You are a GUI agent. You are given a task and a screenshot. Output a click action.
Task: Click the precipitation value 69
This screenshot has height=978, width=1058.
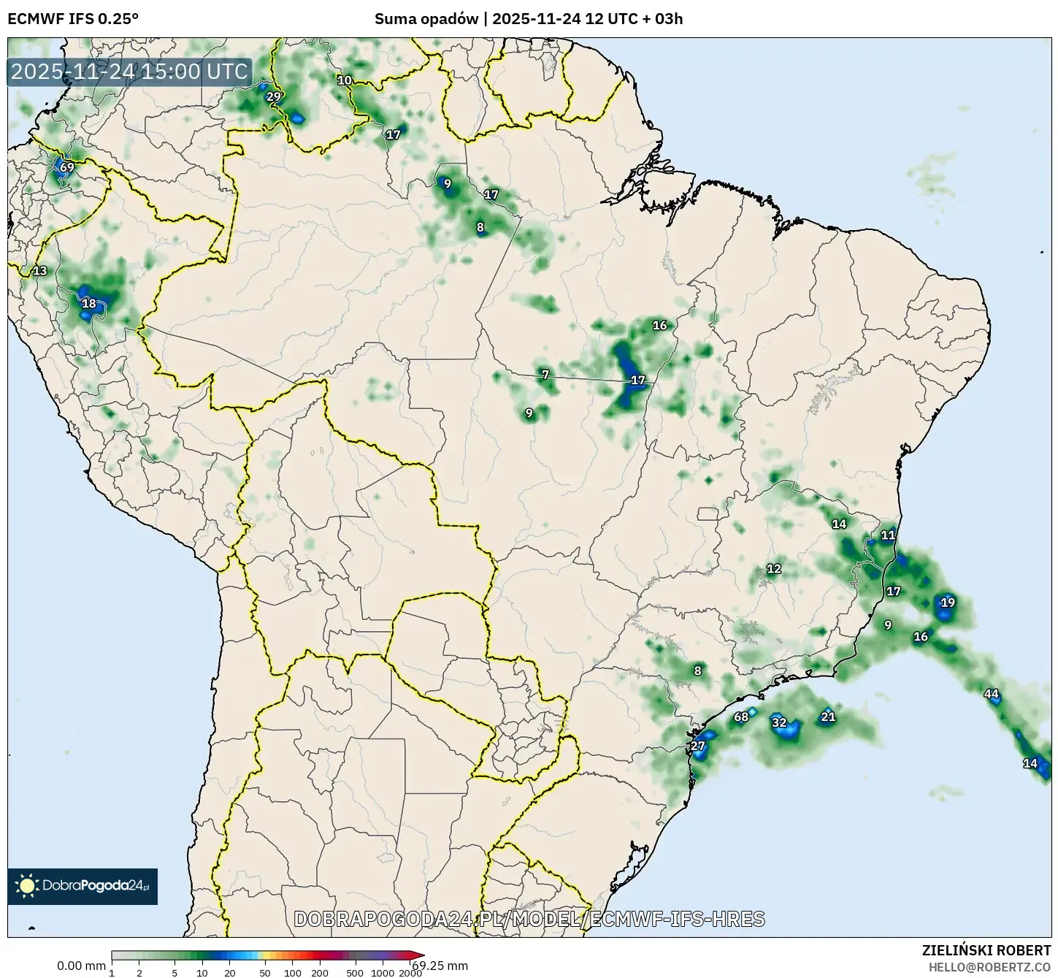(x=66, y=167)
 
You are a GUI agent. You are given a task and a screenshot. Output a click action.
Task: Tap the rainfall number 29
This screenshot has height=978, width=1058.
(x=273, y=96)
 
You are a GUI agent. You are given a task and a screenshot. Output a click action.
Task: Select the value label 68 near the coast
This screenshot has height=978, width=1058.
(x=741, y=717)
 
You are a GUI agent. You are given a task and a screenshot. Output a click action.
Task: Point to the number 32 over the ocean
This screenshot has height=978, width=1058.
(x=779, y=723)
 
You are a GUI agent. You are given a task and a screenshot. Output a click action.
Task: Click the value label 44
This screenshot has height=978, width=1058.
(x=991, y=694)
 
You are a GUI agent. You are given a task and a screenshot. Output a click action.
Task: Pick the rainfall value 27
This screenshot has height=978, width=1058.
(x=698, y=746)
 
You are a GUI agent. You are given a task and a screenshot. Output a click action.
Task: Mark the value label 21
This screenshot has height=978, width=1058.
(x=828, y=717)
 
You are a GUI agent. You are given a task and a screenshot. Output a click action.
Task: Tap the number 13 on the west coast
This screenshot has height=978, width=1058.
(x=40, y=271)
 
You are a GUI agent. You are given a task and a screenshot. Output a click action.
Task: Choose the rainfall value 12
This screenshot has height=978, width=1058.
(x=774, y=568)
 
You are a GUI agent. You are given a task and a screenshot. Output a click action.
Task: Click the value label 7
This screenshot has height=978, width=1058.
(x=545, y=375)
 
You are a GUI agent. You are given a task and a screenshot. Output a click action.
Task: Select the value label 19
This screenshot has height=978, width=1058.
(x=948, y=603)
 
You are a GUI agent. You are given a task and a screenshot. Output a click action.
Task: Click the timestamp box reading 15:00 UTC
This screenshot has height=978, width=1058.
(x=129, y=72)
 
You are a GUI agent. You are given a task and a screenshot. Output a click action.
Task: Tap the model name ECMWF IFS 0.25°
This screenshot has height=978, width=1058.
(x=72, y=19)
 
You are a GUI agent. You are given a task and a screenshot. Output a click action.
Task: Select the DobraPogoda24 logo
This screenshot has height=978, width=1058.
(x=83, y=886)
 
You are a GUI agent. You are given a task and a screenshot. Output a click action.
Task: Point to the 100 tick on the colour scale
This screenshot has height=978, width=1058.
(x=292, y=972)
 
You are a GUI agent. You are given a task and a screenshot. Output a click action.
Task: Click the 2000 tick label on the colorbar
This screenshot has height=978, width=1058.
(x=410, y=972)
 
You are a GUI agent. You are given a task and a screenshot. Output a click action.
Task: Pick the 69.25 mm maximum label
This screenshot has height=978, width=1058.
(x=440, y=966)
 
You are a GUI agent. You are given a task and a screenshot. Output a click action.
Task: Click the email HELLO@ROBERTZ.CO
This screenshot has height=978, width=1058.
(x=989, y=967)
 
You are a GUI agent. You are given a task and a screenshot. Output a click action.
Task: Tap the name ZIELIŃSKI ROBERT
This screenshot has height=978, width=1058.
(x=986, y=950)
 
